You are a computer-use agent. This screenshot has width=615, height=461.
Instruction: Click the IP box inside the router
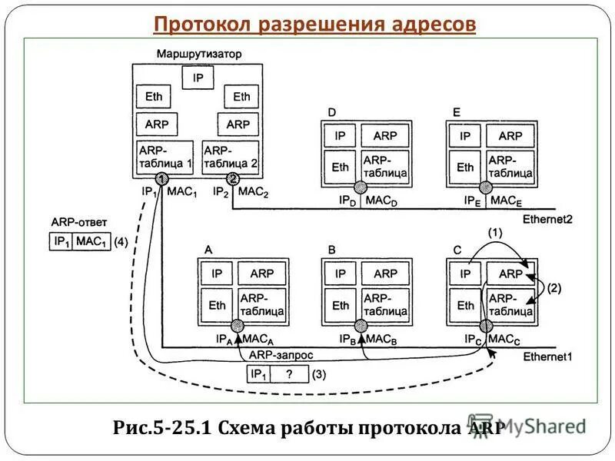(198, 78)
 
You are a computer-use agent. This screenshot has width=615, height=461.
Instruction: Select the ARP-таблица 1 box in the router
(165, 157)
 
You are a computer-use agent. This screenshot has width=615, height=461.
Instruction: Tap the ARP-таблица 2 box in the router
(230, 157)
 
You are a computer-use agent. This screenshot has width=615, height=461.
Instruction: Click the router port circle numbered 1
(164, 178)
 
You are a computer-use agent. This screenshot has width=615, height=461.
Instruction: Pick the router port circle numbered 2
(232, 178)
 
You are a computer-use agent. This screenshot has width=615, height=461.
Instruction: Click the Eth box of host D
(340, 167)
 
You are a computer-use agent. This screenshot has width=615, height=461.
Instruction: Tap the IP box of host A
(217, 274)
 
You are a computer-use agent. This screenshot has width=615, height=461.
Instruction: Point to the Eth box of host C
(466, 305)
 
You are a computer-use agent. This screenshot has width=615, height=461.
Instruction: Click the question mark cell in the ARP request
(289, 374)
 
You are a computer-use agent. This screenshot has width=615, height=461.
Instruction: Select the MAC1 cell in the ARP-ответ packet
(91, 241)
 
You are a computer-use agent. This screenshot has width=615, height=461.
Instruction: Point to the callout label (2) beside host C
(554, 289)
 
